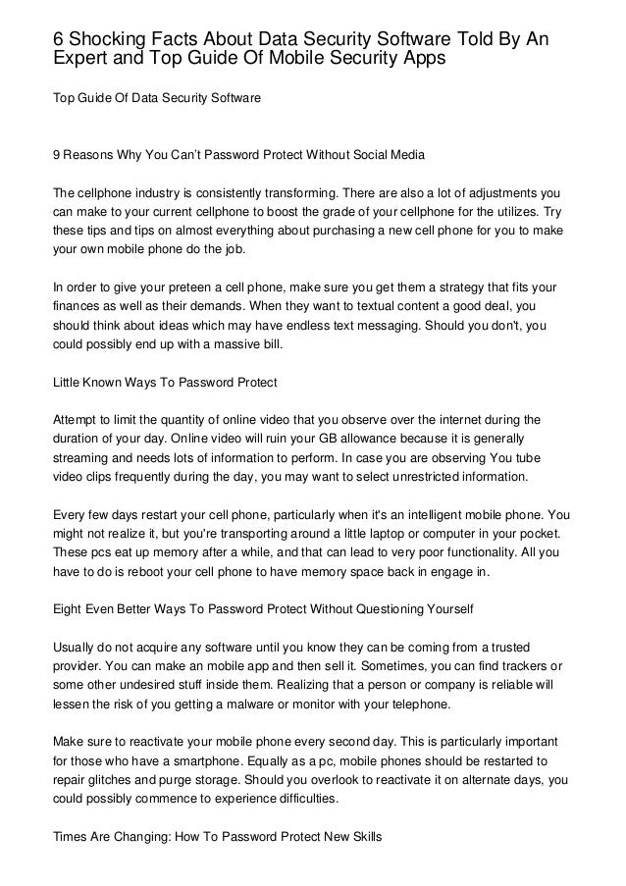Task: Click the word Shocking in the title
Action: click(106, 37)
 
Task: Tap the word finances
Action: click(80, 309)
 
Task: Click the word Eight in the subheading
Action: click(71, 608)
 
